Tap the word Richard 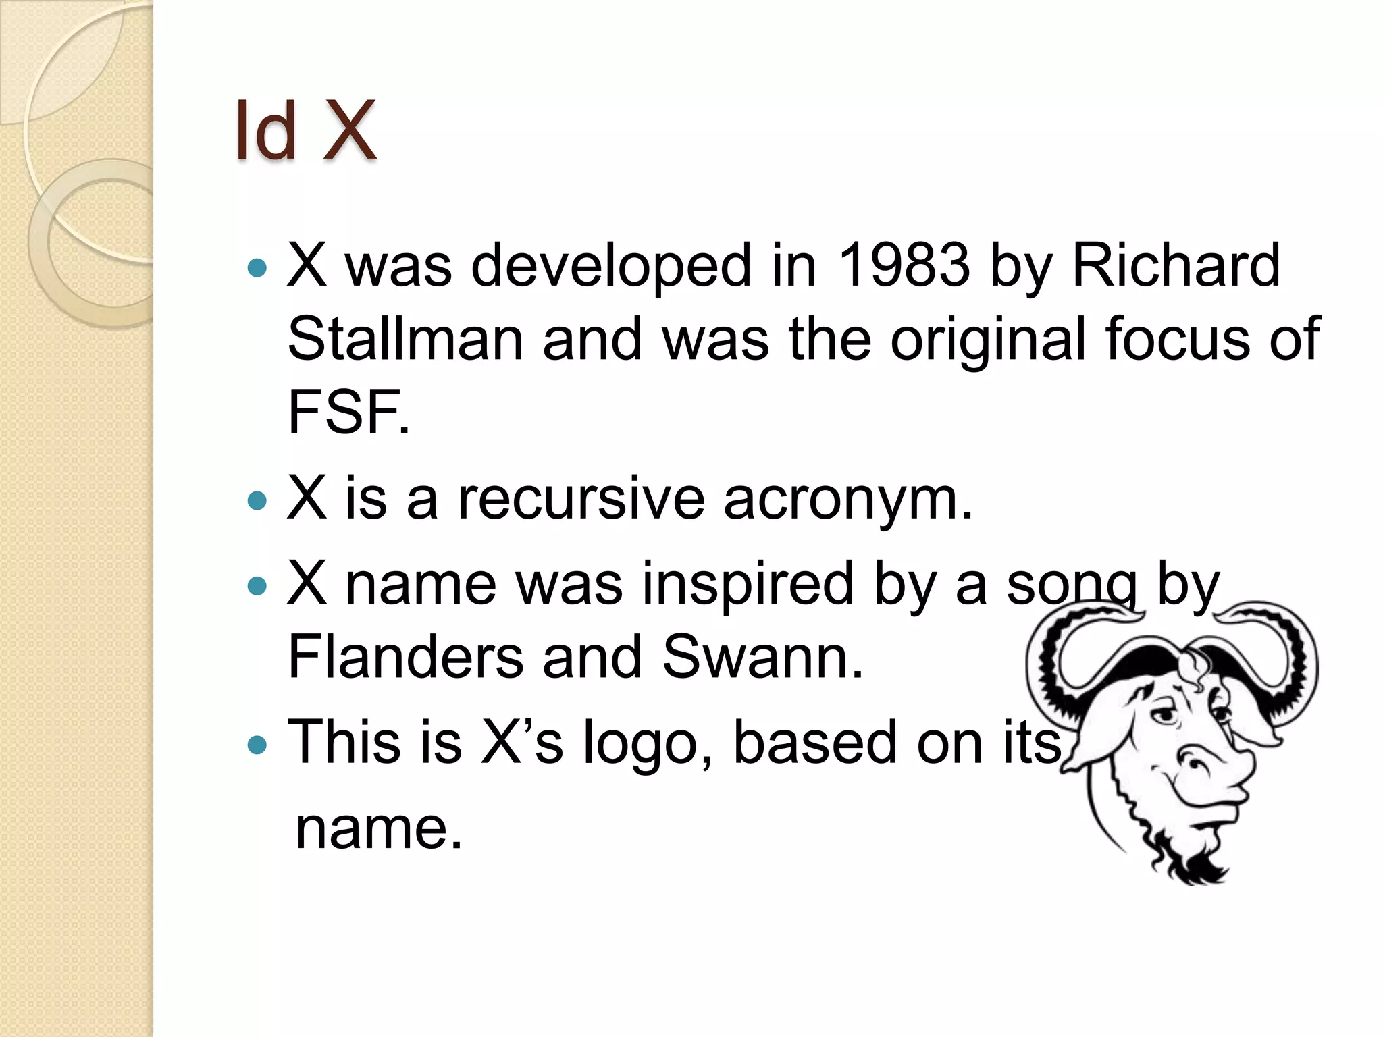1176,265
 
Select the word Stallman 405,340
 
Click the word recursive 581,500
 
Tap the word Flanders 405,657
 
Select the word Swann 762,657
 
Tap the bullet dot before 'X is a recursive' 257,501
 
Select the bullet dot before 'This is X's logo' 257,745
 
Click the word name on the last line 379,829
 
